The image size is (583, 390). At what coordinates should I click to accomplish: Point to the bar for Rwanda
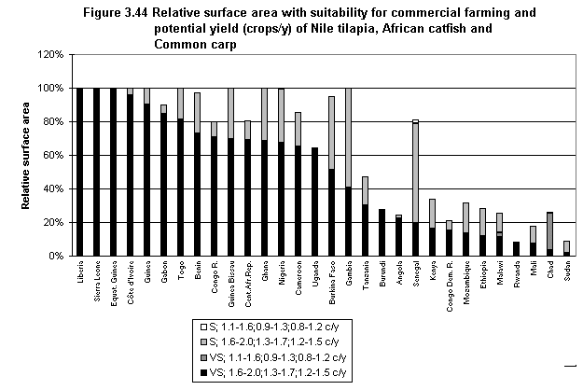pos(516,249)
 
